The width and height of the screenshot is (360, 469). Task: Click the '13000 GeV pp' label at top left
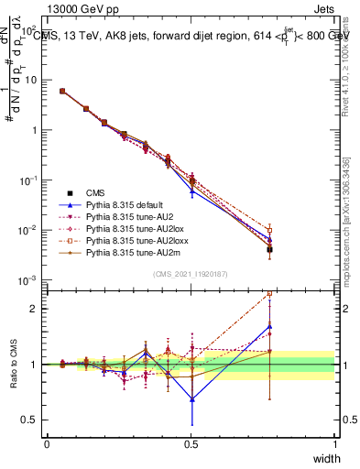(x=79, y=11)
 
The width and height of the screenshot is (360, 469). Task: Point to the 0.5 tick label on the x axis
(x=191, y=444)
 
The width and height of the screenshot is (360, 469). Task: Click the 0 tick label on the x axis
(x=47, y=444)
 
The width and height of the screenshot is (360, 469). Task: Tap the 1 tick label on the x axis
(x=335, y=444)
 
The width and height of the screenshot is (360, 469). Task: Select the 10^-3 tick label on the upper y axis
(x=30, y=279)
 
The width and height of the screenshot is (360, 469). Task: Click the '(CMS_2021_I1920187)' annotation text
(x=191, y=274)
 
